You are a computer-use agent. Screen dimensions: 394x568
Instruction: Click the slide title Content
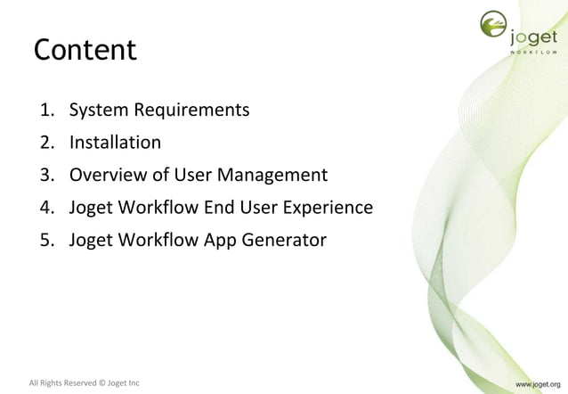[85, 50]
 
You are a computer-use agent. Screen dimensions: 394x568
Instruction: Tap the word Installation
[115, 143]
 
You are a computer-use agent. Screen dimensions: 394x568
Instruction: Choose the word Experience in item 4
[328, 208]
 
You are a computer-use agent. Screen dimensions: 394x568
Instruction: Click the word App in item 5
[223, 241]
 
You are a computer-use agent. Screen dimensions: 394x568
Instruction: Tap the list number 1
[45, 111]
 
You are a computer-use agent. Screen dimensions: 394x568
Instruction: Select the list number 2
[45, 143]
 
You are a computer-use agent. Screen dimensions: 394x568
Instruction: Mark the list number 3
[45, 175]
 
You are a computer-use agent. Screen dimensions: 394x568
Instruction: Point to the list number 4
[45, 208]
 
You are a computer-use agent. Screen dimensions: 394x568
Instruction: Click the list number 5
[45, 240]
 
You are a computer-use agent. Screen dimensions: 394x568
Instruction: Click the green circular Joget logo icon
[491, 28]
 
